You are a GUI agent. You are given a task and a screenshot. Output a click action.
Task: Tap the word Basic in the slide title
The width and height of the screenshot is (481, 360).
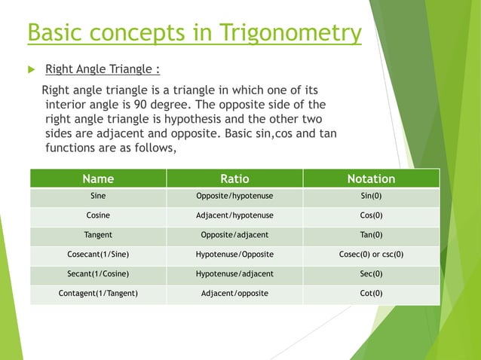54,33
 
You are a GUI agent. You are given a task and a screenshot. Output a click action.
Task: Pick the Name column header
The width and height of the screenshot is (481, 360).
98,178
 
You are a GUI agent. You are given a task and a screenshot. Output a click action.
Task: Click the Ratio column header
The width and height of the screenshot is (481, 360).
234,178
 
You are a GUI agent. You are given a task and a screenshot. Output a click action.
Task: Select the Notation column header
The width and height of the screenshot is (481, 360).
371,178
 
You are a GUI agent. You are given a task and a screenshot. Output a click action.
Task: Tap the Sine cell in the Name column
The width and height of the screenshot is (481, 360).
98,196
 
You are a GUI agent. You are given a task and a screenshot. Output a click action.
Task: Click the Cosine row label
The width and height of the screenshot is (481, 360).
98,215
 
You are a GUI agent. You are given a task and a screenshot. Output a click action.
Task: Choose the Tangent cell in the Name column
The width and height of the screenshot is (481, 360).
98,235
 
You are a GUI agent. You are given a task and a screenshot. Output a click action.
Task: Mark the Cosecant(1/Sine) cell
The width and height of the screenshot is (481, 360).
98,255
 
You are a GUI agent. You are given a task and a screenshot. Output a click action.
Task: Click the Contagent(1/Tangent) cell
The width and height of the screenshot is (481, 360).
98,293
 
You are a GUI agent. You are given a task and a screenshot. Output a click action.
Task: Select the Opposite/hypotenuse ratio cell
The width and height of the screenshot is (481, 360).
234,196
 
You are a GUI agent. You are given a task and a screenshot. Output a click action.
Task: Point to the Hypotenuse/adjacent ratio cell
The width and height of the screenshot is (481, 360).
234,274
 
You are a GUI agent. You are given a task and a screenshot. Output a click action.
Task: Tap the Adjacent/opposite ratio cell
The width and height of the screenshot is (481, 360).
234,293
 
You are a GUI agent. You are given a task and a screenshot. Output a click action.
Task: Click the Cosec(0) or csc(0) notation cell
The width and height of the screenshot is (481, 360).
371,255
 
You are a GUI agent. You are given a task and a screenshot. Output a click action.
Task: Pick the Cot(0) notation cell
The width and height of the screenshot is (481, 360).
371,293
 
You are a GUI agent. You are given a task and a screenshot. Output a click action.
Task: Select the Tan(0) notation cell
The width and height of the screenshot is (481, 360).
371,235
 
